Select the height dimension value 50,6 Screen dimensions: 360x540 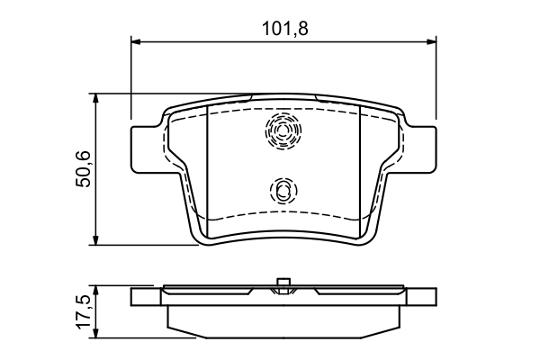point(82,168)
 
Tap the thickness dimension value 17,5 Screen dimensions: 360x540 point(82,311)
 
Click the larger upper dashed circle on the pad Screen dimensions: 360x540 point(283,132)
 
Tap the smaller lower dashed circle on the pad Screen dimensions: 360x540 point(283,190)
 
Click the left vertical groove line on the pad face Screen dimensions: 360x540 point(208,166)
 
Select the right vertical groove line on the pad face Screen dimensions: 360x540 point(361,166)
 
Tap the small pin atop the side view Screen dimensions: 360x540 point(283,285)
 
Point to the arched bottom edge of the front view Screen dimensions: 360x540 point(283,241)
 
